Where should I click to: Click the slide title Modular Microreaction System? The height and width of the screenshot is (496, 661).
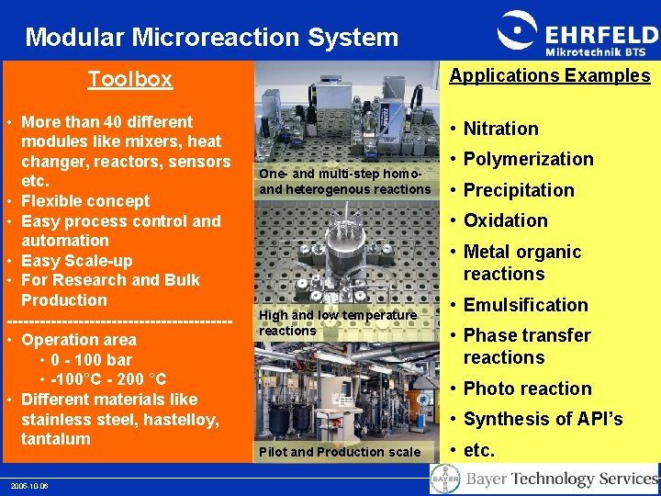click(212, 38)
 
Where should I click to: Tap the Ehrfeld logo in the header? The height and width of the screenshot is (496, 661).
click(576, 36)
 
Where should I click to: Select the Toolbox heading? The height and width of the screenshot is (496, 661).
click(129, 80)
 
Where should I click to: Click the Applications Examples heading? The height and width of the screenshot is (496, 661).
click(549, 76)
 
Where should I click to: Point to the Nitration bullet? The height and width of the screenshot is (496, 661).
click(500, 129)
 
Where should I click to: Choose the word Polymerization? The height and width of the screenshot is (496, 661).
click(528, 159)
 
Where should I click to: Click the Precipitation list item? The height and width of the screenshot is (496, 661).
click(518, 190)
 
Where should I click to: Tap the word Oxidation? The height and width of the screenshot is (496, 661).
click(505, 220)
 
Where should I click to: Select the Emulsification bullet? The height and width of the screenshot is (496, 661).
click(525, 305)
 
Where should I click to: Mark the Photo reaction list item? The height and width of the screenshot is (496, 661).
click(527, 389)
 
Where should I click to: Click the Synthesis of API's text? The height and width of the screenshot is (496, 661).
click(543, 419)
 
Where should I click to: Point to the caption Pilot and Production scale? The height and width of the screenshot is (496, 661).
click(340, 452)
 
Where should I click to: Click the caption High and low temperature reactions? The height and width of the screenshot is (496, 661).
click(338, 322)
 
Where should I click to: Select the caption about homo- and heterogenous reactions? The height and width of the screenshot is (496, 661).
click(344, 182)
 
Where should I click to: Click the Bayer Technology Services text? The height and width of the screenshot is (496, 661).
click(561, 479)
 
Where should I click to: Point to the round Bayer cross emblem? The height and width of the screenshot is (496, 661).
click(445, 479)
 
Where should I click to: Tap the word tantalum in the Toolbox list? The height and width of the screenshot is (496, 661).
click(56, 439)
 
